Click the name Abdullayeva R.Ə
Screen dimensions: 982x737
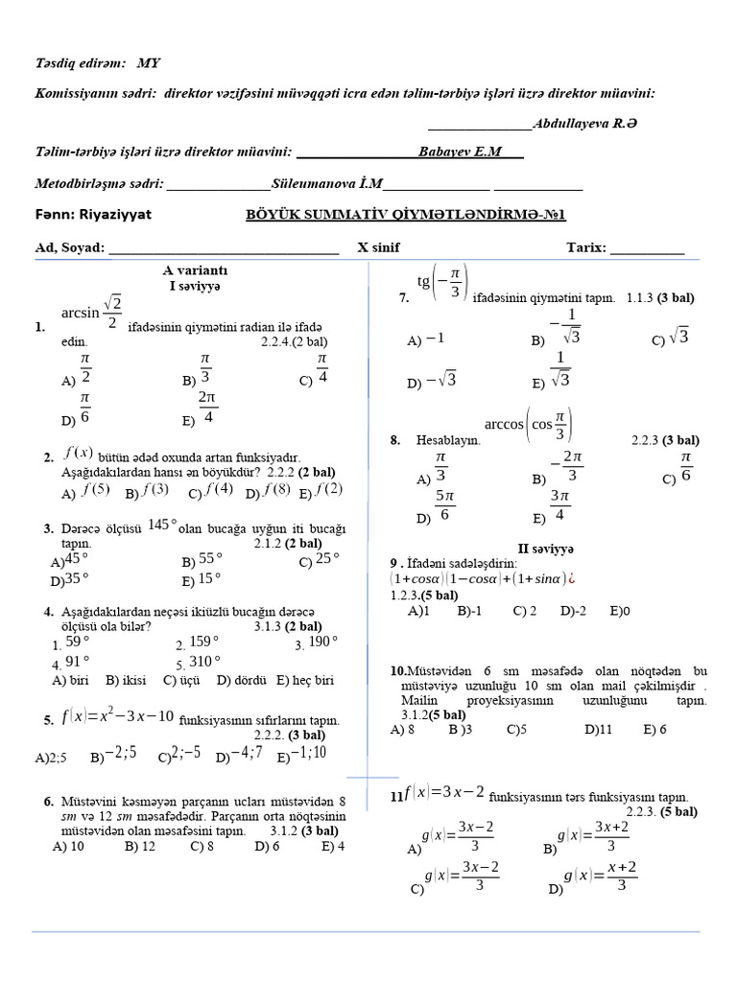tap(585, 124)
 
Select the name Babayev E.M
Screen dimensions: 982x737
tap(460, 152)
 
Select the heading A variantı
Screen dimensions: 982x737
tap(195, 270)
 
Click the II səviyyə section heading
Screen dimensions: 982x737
tap(545, 549)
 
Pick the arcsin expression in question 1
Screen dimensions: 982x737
tap(92, 313)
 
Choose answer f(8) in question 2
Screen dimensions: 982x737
tap(277, 490)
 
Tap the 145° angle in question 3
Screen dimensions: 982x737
tap(163, 524)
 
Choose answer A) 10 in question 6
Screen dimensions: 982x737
tap(69, 847)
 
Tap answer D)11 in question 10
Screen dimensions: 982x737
tap(598, 729)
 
